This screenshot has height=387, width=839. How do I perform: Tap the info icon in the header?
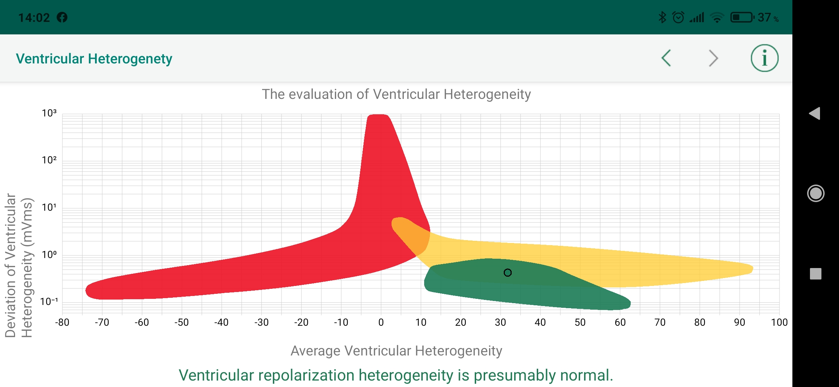coord(764,58)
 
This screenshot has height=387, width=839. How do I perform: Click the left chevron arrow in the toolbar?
coord(666,58)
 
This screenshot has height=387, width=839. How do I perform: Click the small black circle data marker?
coord(507,273)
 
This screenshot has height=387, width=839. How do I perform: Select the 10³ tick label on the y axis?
coord(49,113)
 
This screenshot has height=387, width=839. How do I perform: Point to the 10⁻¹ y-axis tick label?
coord(49,302)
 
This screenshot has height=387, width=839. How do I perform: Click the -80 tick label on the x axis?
coord(62,322)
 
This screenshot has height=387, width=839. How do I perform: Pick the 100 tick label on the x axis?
coord(779,322)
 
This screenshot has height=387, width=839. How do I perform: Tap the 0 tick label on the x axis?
coord(381,322)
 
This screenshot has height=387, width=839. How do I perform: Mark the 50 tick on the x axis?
coord(580,322)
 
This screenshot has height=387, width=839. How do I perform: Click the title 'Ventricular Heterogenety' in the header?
coord(94,59)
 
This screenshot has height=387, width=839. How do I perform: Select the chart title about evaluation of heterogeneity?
coord(396,94)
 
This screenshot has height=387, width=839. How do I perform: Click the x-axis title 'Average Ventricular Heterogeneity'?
coord(396,351)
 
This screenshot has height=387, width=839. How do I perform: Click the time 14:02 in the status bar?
coord(34,18)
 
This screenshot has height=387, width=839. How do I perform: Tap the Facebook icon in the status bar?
coord(62,17)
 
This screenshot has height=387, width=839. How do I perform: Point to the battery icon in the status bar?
coord(742,17)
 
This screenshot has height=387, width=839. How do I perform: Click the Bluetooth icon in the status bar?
coord(662,17)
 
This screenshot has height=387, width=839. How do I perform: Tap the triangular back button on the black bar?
coord(815,114)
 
